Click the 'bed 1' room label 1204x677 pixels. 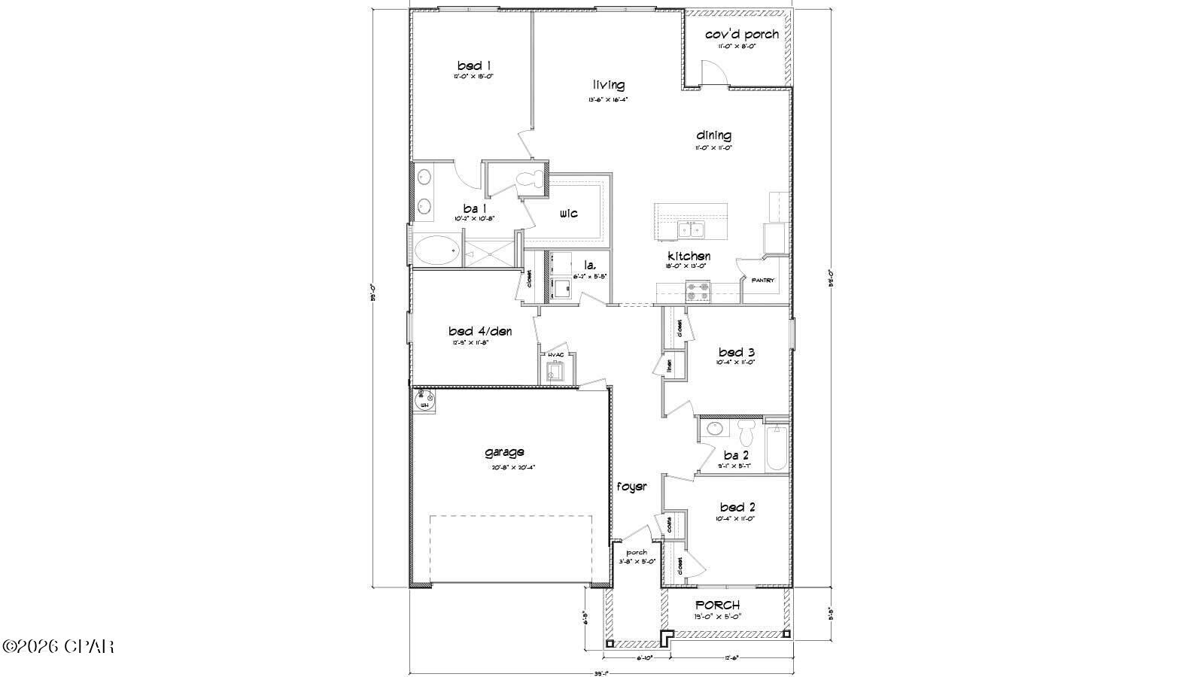coord(474,65)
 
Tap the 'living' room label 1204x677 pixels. coord(608,86)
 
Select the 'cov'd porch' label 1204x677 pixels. coord(741,35)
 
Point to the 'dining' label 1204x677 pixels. coord(713,135)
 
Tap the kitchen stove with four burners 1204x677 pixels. coord(698,290)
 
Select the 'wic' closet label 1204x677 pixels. coord(569,214)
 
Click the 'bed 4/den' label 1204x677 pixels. coord(480,331)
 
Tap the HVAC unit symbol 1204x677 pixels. coord(555,372)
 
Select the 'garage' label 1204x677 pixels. coord(504,452)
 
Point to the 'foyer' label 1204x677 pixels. coord(632,487)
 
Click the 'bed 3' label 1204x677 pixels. coord(736,352)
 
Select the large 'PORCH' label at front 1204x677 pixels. coord(716,605)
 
